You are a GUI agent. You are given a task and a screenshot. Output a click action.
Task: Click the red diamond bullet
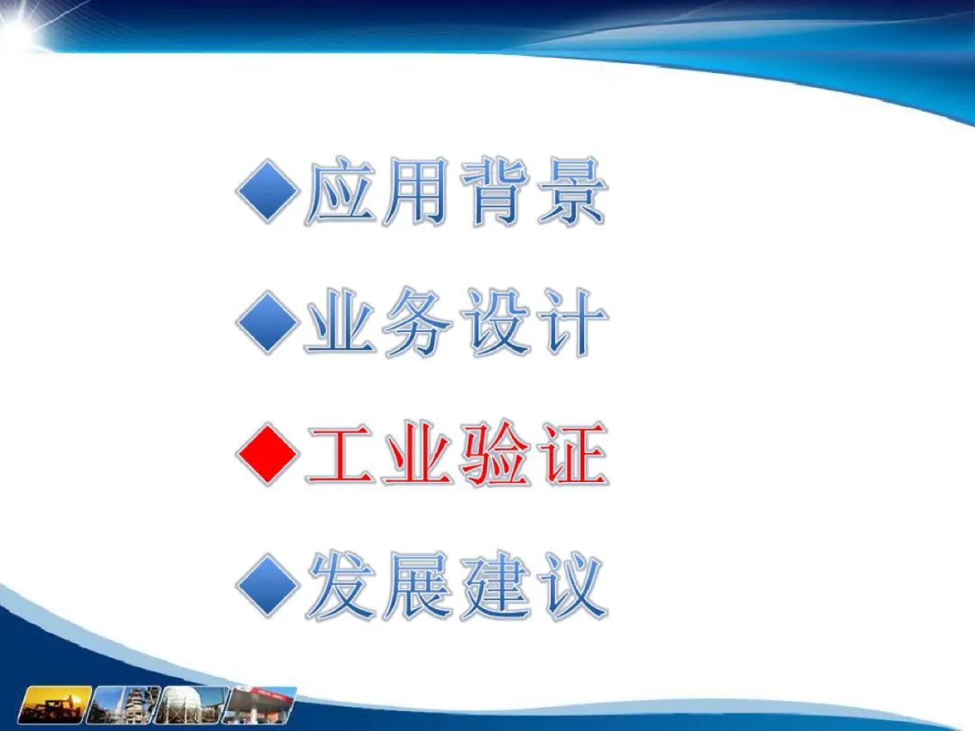pyautogui.click(x=268, y=454)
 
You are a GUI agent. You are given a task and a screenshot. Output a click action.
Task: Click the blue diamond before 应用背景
pyautogui.click(x=268, y=190)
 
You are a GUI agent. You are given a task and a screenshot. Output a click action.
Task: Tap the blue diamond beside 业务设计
pyautogui.click(x=268, y=322)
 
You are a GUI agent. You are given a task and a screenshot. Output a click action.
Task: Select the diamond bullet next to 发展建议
pyautogui.click(x=268, y=586)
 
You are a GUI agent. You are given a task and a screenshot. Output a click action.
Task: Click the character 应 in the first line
pyautogui.click(x=340, y=190)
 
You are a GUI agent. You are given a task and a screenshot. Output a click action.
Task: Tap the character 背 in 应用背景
pyautogui.click(x=495, y=190)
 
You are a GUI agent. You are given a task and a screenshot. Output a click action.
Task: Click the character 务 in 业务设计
pyautogui.click(x=417, y=322)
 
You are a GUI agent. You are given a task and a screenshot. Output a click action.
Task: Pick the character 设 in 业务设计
pyautogui.click(x=495, y=322)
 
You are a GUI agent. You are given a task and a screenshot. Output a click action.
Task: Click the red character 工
pyautogui.click(x=340, y=455)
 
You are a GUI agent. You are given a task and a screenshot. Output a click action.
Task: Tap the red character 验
pyautogui.click(x=495, y=454)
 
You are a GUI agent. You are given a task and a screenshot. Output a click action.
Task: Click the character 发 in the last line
pyautogui.click(x=340, y=586)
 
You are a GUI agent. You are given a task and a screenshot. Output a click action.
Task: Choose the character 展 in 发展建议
pyautogui.click(x=417, y=586)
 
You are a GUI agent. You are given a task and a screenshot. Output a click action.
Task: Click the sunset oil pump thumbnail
pyautogui.click(x=55, y=705)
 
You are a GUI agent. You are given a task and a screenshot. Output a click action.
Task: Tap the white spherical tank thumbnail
pyautogui.click(x=191, y=705)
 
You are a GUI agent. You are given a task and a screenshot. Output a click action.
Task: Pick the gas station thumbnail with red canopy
pyautogui.click(x=260, y=705)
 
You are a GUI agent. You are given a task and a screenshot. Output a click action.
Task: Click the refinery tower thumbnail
pyautogui.click(x=123, y=705)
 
